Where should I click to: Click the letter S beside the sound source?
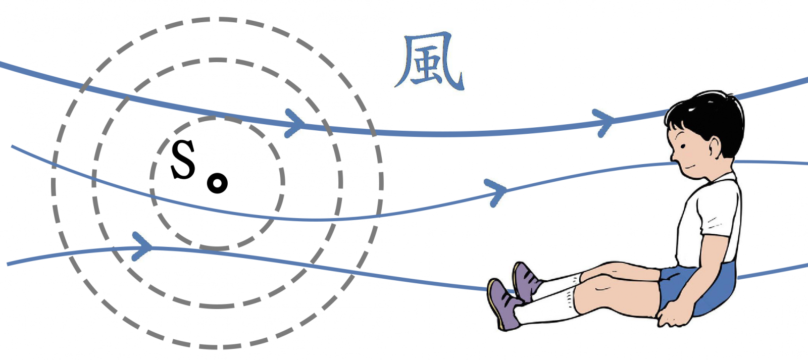pos(183,160)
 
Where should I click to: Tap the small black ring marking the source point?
pos(217,183)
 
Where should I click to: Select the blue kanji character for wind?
pos(429,61)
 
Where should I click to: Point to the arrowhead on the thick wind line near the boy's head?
pos(603,123)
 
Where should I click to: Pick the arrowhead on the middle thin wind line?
pos(496,192)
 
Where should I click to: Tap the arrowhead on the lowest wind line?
pos(142,246)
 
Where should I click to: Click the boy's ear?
pos(715,148)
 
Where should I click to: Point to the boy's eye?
pos(683,146)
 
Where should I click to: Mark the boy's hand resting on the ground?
pos(674,315)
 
